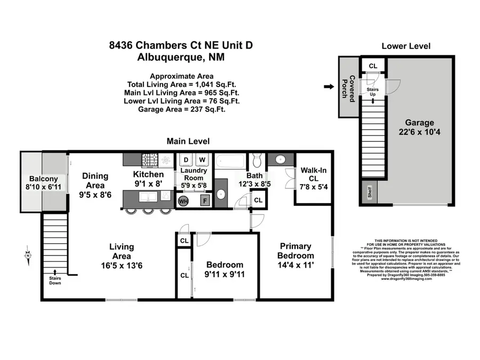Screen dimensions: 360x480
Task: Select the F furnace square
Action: [x=205, y=201]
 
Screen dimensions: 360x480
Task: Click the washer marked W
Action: [x=202, y=159]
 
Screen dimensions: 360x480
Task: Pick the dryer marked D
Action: [x=187, y=159]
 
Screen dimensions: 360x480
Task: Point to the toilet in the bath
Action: [x=256, y=160]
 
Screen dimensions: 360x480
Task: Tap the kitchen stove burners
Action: [x=150, y=159]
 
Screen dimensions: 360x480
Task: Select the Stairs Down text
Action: [x=54, y=280]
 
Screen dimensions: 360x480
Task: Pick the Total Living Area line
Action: [x=181, y=84]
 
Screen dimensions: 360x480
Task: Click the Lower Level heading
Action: [x=406, y=46]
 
